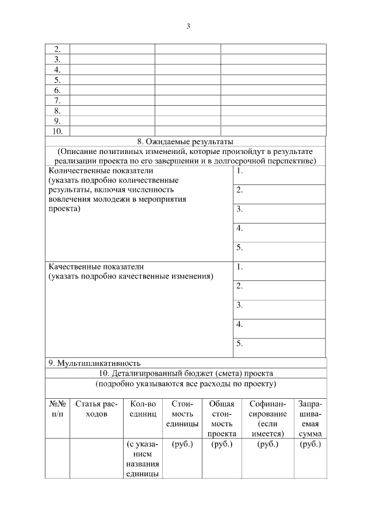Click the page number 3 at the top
188,26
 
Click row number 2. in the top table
57,49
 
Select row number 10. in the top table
57,131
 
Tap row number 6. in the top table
57,90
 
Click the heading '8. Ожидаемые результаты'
185,142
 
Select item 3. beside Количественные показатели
240,210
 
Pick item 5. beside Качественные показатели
240,344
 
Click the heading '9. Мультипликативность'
95,363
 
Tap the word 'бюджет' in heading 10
195,373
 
